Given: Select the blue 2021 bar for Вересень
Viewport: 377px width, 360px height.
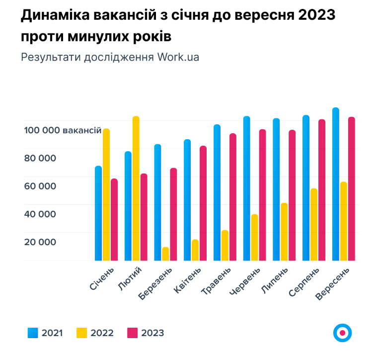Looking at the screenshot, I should pyautogui.click(x=336, y=184).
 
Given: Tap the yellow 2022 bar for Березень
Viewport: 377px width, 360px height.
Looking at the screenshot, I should pyautogui.click(x=165, y=254).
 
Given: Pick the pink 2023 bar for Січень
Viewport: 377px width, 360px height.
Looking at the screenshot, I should pyautogui.click(x=114, y=219).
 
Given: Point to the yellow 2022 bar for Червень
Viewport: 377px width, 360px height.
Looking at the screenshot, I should pyautogui.click(x=254, y=237).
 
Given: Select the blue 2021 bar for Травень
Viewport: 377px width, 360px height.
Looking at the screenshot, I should pyautogui.click(x=217, y=192).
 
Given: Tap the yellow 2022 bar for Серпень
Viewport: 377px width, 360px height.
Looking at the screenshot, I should pyautogui.click(x=314, y=224).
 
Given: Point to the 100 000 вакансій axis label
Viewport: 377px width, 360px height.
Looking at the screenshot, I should pyautogui.click(x=62, y=130).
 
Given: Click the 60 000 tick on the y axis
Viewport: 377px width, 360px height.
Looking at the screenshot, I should pyautogui.click(x=40, y=186).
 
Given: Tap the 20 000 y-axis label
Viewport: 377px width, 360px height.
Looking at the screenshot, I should pyautogui.click(x=40, y=242).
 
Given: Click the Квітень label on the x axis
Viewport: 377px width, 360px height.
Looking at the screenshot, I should pyautogui.click(x=188, y=282).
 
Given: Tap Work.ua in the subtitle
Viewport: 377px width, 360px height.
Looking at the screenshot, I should pyautogui.click(x=178, y=57).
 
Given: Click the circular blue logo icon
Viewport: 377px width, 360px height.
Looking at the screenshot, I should pyautogui.click(x=342, y=333).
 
